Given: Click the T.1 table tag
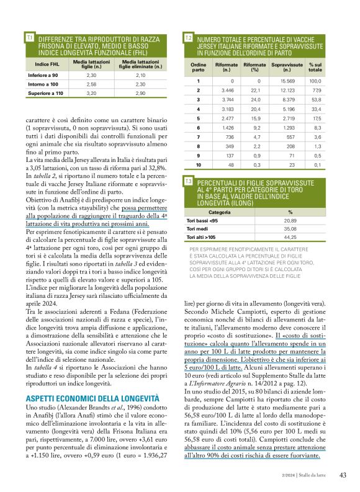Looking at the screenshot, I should click(29, 38).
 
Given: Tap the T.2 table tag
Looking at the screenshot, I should click(189, 38).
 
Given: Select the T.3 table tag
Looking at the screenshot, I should click(189, 181).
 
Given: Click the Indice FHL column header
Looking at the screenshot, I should click(47, 64).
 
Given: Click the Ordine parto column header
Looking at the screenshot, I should click(198, 66).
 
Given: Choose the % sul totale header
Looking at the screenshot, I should click(315, 66).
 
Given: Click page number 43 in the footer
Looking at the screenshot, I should click(343, 475).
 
